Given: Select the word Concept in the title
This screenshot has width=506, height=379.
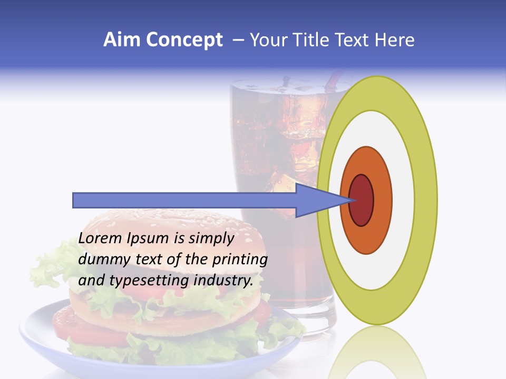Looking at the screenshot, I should pos(184,40).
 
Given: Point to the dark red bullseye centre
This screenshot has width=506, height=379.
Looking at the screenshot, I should pos(362,200).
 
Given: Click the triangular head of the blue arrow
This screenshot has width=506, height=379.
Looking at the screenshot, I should pos(316,200).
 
